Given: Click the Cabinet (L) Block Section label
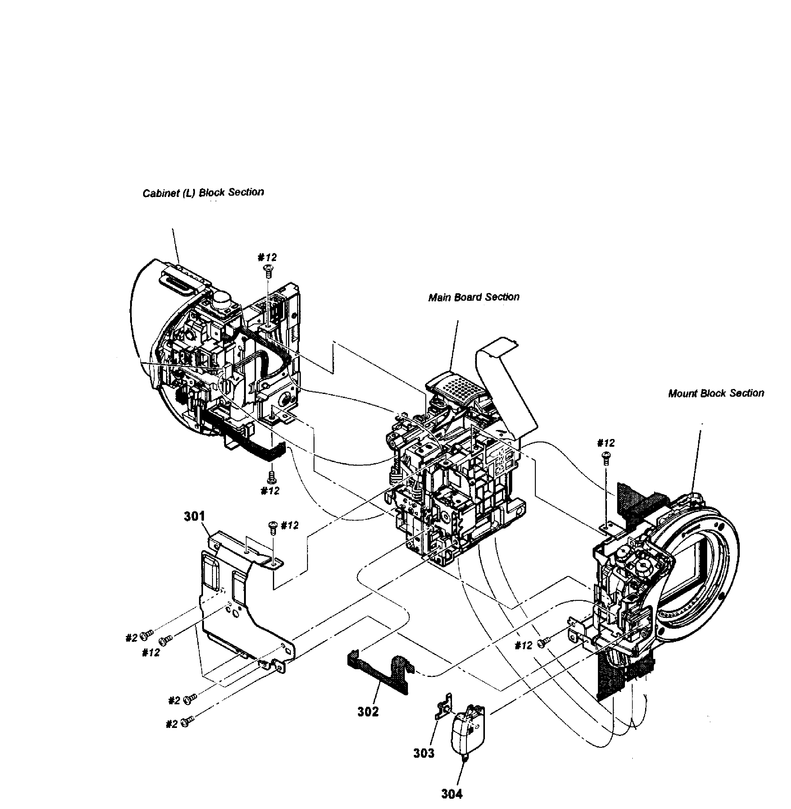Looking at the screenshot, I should tap(203, 193).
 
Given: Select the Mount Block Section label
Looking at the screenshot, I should tap(715, 393).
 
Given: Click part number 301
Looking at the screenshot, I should tap(194, 516).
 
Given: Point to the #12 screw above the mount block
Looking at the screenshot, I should tap(606, 457).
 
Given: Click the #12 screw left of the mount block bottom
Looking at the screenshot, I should tap(543, 643).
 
